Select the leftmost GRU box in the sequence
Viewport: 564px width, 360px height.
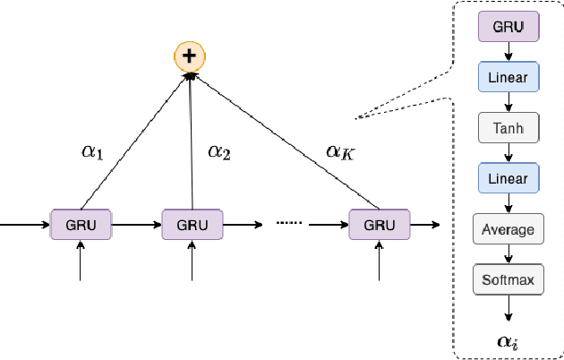coord(81,223)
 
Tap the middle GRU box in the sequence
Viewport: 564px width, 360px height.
coord(192,223)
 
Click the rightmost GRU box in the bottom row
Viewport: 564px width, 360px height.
coord(379,223)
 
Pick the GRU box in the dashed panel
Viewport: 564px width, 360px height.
coord(508,28)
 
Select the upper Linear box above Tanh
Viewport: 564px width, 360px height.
coord(508,78)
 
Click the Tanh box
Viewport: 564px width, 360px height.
coord(508,128)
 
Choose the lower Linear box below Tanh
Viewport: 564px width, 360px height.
coord(508,178)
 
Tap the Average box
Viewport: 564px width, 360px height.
coord(508,229)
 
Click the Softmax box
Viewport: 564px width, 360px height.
coord(508,280)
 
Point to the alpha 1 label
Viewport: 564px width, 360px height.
coord(92,153)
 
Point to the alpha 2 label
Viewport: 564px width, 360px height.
coord(219,151)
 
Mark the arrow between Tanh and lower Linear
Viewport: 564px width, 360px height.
coord(508,153)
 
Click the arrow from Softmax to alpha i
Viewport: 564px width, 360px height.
coord(508,307)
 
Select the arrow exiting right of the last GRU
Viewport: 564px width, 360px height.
coord(424,223)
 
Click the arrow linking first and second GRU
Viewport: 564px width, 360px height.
coord(136,223)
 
